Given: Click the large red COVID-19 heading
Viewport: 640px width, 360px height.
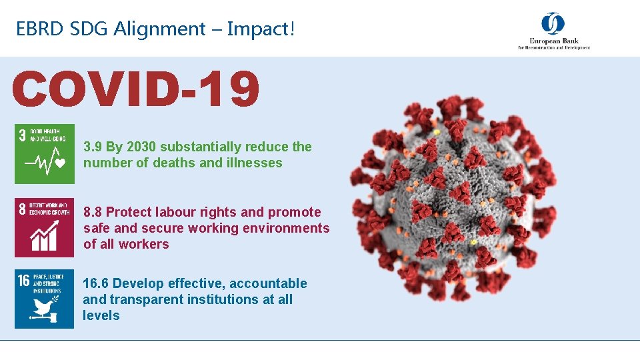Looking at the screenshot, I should [135, 90].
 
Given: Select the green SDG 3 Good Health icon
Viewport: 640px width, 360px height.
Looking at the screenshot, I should [45, 153].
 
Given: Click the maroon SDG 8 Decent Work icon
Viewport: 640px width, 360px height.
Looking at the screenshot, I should [45, 227].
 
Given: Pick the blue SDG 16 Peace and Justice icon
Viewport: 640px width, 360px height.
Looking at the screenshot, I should [45, 299].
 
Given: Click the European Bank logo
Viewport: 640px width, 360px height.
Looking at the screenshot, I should [554, 31].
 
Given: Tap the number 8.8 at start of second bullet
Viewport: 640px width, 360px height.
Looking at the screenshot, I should [93, 212].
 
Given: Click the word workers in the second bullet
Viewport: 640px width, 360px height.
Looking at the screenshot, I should [145, 244].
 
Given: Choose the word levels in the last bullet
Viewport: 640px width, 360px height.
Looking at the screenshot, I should [101, 315].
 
